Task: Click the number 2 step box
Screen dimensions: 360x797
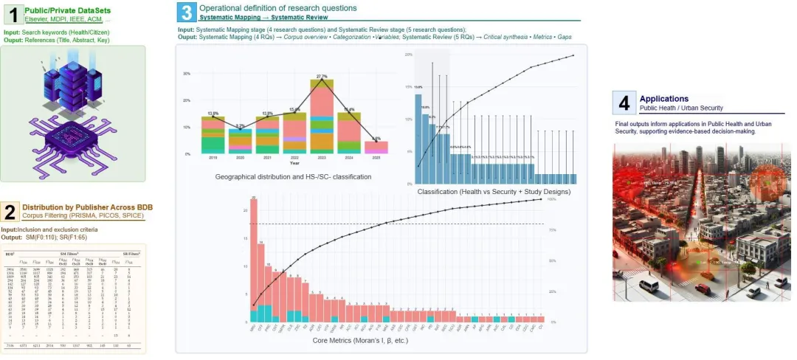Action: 10,212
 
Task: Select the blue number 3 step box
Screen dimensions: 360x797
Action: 187,13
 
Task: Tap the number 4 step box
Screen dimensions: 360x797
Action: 625,103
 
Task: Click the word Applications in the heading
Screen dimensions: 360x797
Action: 664,98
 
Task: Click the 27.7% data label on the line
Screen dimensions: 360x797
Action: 321,76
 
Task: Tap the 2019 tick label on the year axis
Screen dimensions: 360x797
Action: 213,158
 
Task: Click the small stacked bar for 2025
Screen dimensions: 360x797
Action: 376,147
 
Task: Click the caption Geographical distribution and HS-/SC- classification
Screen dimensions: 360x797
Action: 293,177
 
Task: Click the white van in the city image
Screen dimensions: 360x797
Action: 649,285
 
